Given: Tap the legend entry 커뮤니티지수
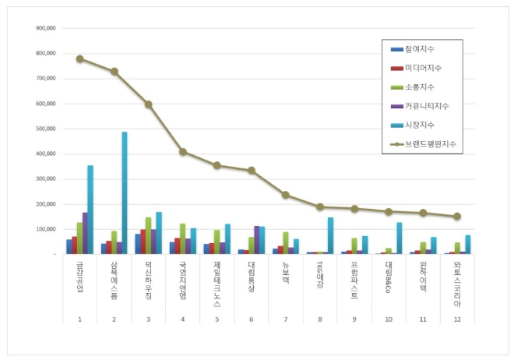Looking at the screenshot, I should [425, 105].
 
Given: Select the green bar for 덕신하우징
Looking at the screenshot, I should [148, 235].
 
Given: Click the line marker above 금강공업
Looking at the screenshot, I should [79, 58].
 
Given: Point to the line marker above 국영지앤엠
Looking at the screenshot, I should [182, 151].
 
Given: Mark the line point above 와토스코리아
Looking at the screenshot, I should [457, 216].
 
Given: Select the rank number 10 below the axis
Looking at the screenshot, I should [388, 318].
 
